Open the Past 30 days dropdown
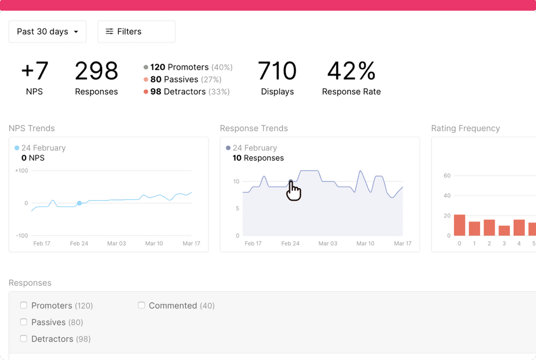[x=47, y=32]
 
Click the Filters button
[x=136, y=32]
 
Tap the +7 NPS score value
[x=35, y=71]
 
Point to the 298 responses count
[x=97, y=71]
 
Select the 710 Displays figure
[x=277, y=71]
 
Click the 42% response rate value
[x=351, y=71]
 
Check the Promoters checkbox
[x=23, y=305]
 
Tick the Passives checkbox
[x=23, y=322]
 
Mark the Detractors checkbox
[x=23, y=339]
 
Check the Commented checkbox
[x=141, y=305]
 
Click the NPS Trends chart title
[x=32, y=128]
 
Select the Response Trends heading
[x=254, y=128]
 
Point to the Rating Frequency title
[x=466, y=128]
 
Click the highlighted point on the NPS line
[x=79, y=203]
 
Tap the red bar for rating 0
[x=460, y=225]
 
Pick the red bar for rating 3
[x=504, y=231]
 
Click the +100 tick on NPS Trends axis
[x=21, y=170]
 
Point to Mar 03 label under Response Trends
[x=328, y=243]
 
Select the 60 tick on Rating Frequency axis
[x=447, y=176]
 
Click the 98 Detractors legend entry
[x=186, y=92]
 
